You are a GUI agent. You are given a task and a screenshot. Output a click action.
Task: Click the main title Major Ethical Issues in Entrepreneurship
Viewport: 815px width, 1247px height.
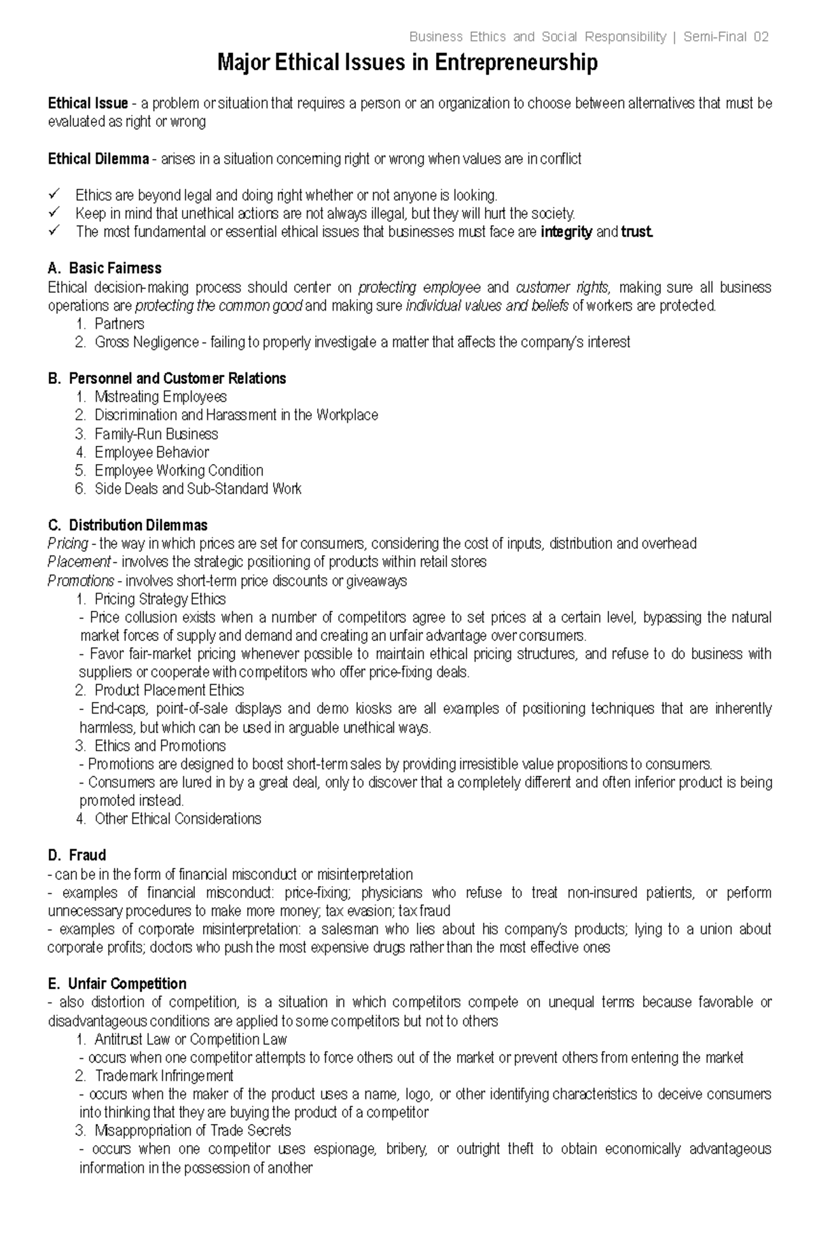coord(407,63)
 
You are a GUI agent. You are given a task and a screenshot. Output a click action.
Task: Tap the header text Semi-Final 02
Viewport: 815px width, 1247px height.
coord(725,37)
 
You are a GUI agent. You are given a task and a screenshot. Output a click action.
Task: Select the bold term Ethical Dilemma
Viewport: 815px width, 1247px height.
coord(98,159)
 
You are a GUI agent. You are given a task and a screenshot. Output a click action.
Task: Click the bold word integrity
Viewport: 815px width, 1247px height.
coord(566,232)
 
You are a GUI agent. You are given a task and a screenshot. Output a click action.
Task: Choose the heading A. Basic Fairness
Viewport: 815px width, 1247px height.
coord(105,268)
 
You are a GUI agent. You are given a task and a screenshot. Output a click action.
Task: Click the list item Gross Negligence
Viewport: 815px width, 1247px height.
coord(146,343)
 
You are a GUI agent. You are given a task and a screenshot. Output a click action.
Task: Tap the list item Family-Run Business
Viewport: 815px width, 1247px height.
coord(156,434)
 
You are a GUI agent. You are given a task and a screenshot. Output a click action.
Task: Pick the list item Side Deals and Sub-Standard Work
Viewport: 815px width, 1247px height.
coord(198,489)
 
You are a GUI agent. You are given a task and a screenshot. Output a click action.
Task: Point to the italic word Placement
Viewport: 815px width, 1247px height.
coord(79,562)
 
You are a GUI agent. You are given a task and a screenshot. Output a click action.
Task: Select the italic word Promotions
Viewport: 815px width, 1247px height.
coord(81,581)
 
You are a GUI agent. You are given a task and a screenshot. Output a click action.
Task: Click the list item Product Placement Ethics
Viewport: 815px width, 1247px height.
coord(169,690)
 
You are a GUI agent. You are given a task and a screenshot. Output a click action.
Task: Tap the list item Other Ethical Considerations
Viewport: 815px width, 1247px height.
coord(177,819)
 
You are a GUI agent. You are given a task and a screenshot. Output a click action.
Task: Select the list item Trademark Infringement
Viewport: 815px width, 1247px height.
coord(164,1076)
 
